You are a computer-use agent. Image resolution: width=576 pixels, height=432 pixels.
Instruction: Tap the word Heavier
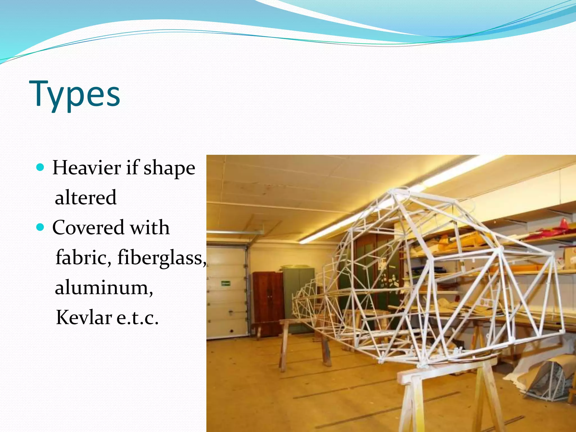pos(87,168)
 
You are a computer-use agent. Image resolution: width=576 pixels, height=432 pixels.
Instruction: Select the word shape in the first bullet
pos(169,168)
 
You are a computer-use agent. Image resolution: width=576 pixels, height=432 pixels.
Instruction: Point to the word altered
pos(85,197)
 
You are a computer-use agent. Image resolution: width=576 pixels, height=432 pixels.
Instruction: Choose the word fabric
pos(83,257)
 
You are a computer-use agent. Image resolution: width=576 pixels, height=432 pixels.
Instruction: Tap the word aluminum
pos(103,287)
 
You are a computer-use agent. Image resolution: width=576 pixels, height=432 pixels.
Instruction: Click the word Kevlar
pos(84,317)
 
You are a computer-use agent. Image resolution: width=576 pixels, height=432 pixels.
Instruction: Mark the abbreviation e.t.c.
pos(137,318)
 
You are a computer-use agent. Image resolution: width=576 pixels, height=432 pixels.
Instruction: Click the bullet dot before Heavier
pos(40,168)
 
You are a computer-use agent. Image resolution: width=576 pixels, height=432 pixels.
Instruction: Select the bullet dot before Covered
pos(40,227)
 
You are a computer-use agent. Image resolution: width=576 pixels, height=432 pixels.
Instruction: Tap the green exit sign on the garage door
pos(226,283)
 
